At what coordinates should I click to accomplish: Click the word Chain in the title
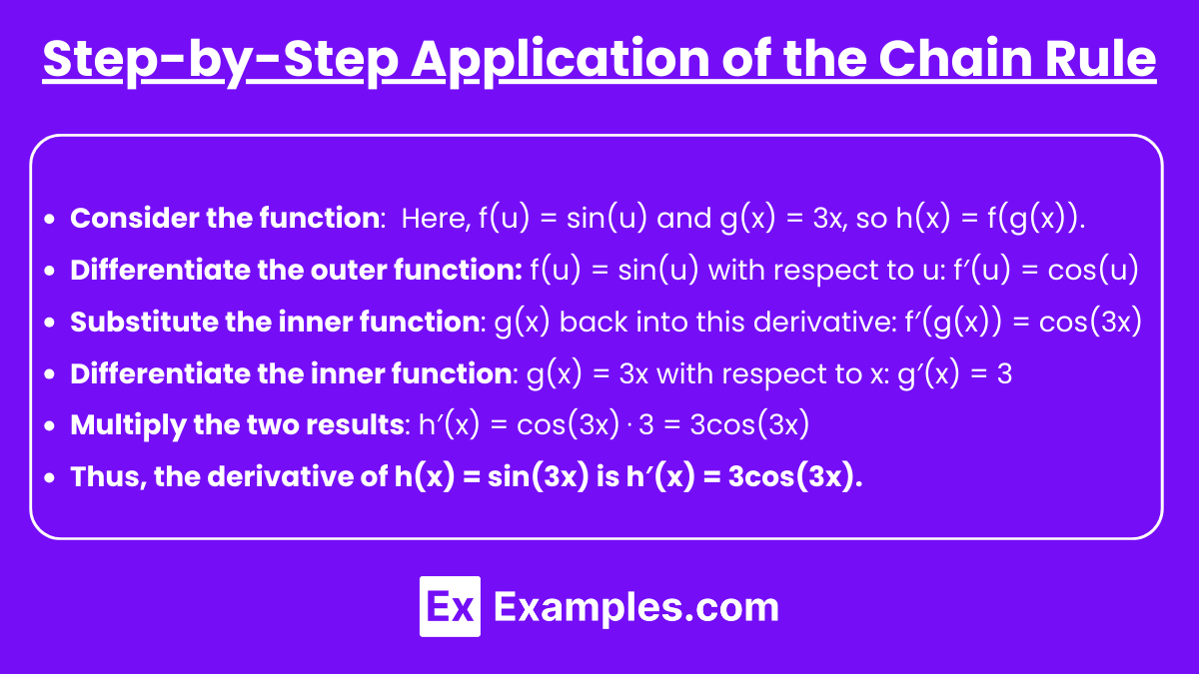pyautogui.click(x=955, y=59)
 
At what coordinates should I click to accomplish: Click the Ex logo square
pyautogui.click(x=450, y=606)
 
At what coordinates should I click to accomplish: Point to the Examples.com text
pyautogui.click(x=635, y=608)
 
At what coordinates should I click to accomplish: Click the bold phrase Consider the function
pyautogui.click(x=225, y=218)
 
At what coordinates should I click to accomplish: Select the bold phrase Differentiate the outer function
pyautogui.click(x=296, y=270)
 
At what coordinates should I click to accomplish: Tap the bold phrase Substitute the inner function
pyautogui.click(x=275, y=322)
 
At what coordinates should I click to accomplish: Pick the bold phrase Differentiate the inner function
pyautogui.click(x=291, y=373)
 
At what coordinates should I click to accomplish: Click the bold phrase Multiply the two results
pyautogui.click(x=237, y=425)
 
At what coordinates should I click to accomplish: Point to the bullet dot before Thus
pyautogui.click(x=50, y=477)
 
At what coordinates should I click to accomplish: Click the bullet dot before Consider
pyautogui.click(x=50, y=219)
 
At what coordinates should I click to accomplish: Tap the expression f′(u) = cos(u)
pyautogui.click(x=1046, y=271)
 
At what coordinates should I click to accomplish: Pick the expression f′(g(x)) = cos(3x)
pyautogui.click(x=1023, y=322)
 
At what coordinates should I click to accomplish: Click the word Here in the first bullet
pyautogui.click(x=433, y=219)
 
